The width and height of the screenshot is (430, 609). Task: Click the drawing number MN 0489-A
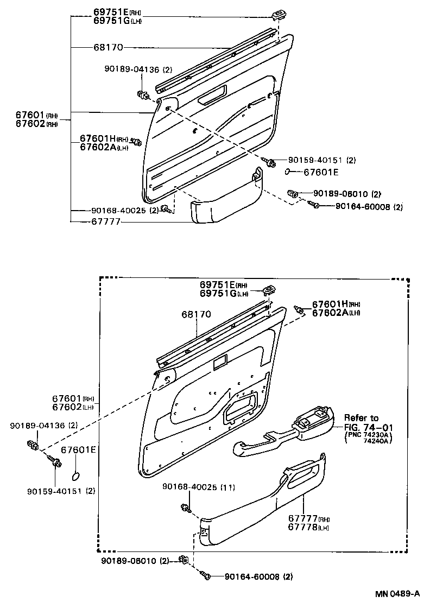click(397, 593)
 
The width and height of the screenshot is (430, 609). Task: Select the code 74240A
click(380, 441)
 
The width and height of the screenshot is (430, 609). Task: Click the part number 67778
click(301, 527)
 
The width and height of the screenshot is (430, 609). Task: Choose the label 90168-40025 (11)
click(198, 487)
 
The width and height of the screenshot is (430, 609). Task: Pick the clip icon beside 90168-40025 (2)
click(168, 210)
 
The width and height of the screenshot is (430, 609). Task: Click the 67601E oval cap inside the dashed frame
click(77, 476)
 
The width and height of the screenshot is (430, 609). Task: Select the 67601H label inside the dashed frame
click(330, 304)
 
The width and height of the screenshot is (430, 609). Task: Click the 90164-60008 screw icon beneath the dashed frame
click(206, 576)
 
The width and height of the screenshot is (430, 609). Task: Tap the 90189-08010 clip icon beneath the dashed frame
click(184, 560)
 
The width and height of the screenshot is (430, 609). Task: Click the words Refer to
click(361, 418)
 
